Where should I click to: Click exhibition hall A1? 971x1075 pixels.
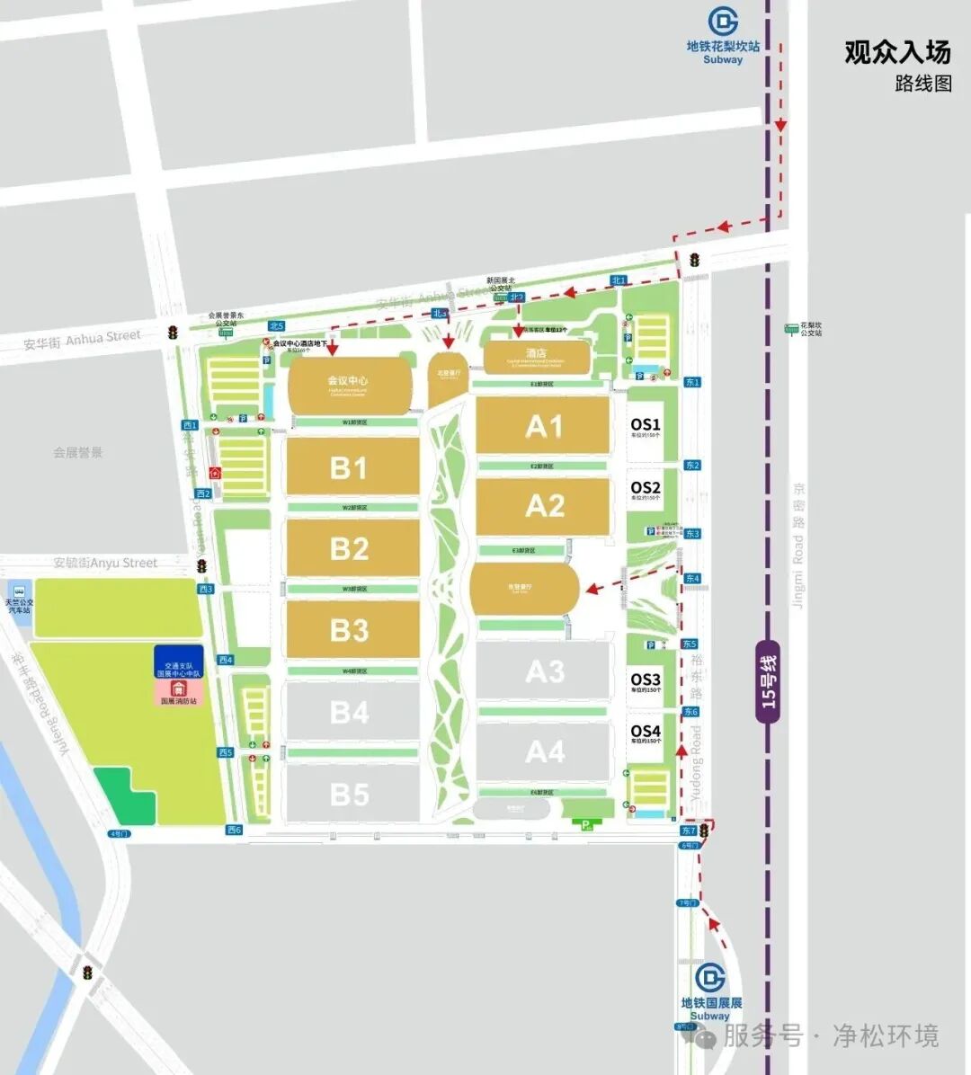click(x=543, y=426)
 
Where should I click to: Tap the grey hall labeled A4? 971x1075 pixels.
click(x=544, y=751)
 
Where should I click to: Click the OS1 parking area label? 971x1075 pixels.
click(x=646, y=425)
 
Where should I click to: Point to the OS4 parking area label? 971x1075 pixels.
click(x=646, y=732)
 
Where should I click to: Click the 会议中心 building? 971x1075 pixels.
click(x=350, y=386)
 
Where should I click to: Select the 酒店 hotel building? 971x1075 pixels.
click(x=537, y=356)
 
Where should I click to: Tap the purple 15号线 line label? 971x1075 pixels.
click(x=768, y=681)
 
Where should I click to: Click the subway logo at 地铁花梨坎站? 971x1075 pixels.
click(x=723, y=22)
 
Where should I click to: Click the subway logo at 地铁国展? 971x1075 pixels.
click(x=710, y=977)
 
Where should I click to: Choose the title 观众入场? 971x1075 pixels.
click(x=896, y=52)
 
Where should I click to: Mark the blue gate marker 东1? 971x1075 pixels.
click(x=692, y=382)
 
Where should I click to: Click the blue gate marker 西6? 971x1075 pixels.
click(x=234, y=830)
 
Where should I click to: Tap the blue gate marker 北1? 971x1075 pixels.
click(x=619, y=280)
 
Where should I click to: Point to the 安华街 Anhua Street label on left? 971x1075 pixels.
click(x=83, y=339)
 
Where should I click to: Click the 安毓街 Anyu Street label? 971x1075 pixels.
click(x=105, y=563)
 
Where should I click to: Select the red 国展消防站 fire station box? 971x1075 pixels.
click(x=178, y=692)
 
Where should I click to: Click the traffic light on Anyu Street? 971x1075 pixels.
click(x=202, y=566)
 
